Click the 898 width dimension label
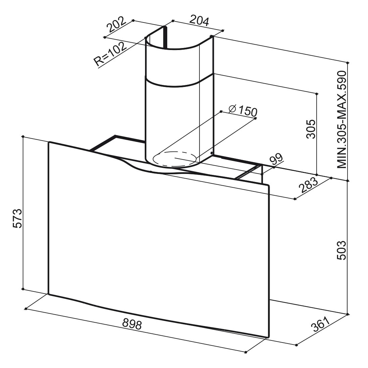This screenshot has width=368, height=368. [x=132, y=324]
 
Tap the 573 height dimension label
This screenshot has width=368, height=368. [x=17, y=218]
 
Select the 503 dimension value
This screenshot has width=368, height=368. [x=341, y=250]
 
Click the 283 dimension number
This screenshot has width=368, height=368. [x=308, y=185]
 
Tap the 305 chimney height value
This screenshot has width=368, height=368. [x=311, y=129]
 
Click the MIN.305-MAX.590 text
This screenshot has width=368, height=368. [x=342, y=120]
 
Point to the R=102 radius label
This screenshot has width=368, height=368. [x=110, y=54]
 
